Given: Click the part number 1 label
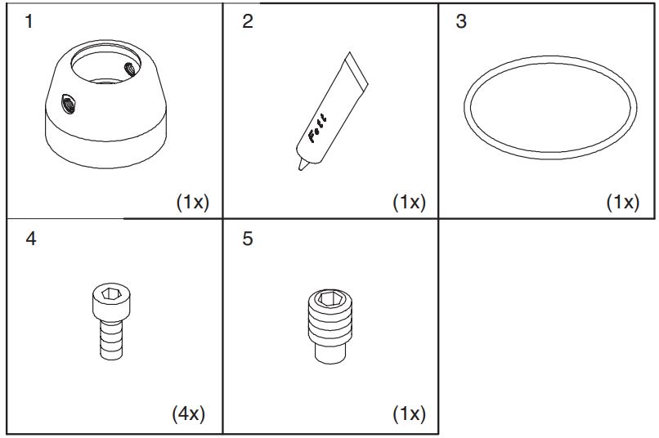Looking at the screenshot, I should click(29, 22).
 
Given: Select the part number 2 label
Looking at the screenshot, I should click(248, 22).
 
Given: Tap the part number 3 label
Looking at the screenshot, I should click(461, 22).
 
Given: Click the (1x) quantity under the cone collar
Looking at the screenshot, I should click(193, 203).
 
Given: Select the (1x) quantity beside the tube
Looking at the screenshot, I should click(409, 203).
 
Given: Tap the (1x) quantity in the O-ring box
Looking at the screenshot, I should click(622, 203).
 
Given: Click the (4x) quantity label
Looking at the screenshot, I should click(188, 414).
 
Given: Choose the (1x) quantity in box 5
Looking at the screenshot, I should click(409, 414).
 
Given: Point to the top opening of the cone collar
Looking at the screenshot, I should click(107, 62).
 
